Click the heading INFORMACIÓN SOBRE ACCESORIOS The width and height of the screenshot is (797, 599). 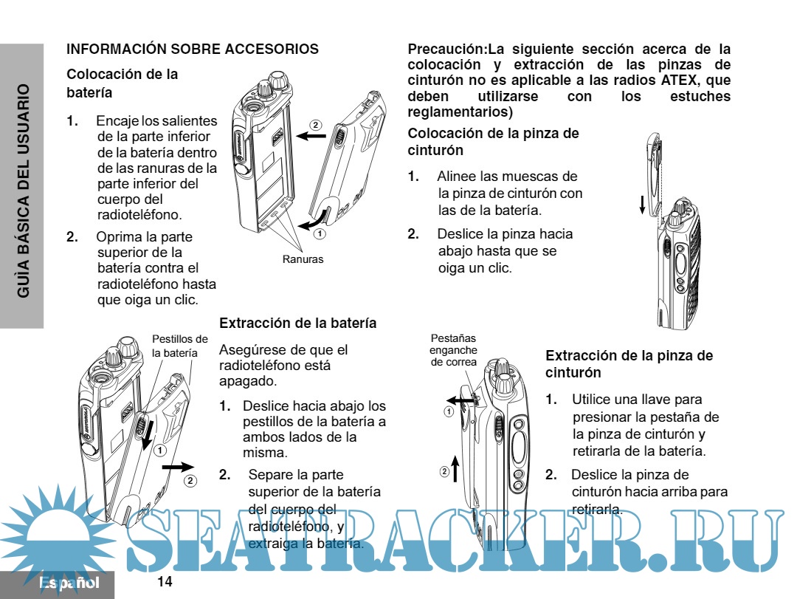click(193, 49)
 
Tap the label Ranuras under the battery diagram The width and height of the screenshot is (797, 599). click(303, 259)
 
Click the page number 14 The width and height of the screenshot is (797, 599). click(165, 583)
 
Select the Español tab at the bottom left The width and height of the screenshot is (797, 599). click(69, 583)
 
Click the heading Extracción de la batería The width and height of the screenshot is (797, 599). click(298, 324)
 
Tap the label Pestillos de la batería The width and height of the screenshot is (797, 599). click(175, 346)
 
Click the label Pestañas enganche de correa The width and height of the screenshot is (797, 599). click(453, 349)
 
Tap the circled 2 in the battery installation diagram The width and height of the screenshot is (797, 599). click(315, 125)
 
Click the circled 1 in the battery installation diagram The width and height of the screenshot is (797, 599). click(319, 233)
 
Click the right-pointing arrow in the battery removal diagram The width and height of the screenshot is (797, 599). click(178, 467)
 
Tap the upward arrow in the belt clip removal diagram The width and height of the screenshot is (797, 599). click(456, 469)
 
